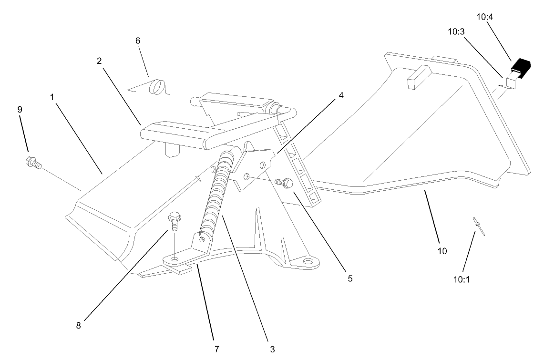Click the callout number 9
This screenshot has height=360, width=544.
[20, 109]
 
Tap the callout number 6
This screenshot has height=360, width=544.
[138, 41]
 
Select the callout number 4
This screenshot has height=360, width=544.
[340, 94]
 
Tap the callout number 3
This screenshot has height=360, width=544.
[272, 349]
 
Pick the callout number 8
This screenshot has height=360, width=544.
[79, 326]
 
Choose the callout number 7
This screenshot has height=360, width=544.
[217, 349]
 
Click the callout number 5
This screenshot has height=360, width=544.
[350, 278]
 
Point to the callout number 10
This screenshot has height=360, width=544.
[442, 251]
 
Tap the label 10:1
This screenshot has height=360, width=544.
[461, 279]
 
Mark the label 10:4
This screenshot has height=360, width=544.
[485, 17]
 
